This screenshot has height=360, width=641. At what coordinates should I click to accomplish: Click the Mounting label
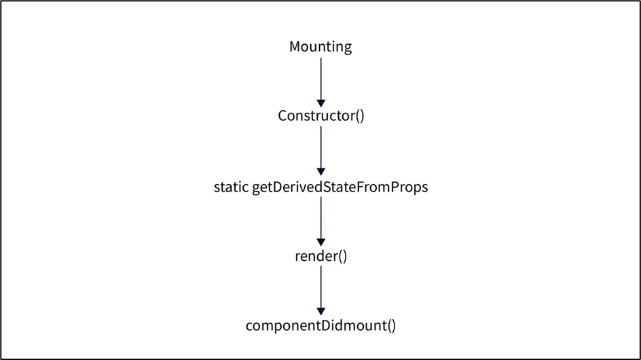pos(320,47)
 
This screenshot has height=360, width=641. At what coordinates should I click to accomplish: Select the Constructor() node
pos(321,115)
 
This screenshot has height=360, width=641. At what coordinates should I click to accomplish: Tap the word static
pos(231,187)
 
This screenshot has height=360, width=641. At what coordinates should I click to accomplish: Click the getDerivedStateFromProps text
pos(340,187)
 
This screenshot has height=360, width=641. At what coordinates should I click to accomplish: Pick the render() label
pos(321,256)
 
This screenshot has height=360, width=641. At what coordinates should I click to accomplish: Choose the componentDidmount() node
pos(320,325)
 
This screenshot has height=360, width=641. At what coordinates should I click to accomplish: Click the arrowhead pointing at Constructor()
pos(321,103)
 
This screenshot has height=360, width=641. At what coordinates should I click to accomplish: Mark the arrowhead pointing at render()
pos(321,242)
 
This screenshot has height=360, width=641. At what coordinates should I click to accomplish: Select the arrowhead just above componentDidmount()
pos(321,312)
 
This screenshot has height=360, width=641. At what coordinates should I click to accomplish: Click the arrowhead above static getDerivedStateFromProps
pos(321,172)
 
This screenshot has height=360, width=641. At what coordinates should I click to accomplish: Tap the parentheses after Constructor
pos(360,115)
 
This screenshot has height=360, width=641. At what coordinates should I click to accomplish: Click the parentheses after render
pos(342,256)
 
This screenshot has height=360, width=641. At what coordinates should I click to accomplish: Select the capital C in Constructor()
pos(282,115)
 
